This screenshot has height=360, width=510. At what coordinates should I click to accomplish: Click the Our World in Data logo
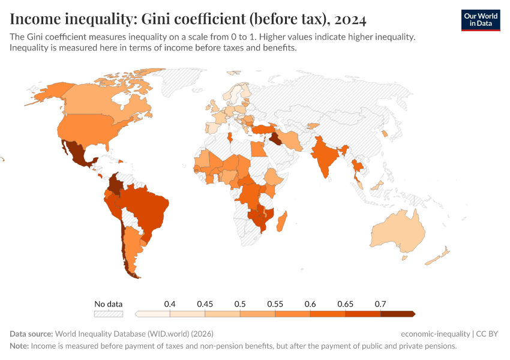pos(480,20)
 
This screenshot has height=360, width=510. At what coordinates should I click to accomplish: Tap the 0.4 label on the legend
pos(170,304)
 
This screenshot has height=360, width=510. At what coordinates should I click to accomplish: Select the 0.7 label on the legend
pos(380,304)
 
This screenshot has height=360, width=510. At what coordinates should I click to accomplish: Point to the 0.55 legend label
pos(275,304)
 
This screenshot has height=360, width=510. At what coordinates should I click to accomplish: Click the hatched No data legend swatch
pos(109,313)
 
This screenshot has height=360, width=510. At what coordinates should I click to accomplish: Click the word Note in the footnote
pos(19,346)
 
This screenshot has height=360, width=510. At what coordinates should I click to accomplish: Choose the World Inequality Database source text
pos(134,334)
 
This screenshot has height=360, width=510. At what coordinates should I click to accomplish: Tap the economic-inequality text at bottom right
pos(435,334)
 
